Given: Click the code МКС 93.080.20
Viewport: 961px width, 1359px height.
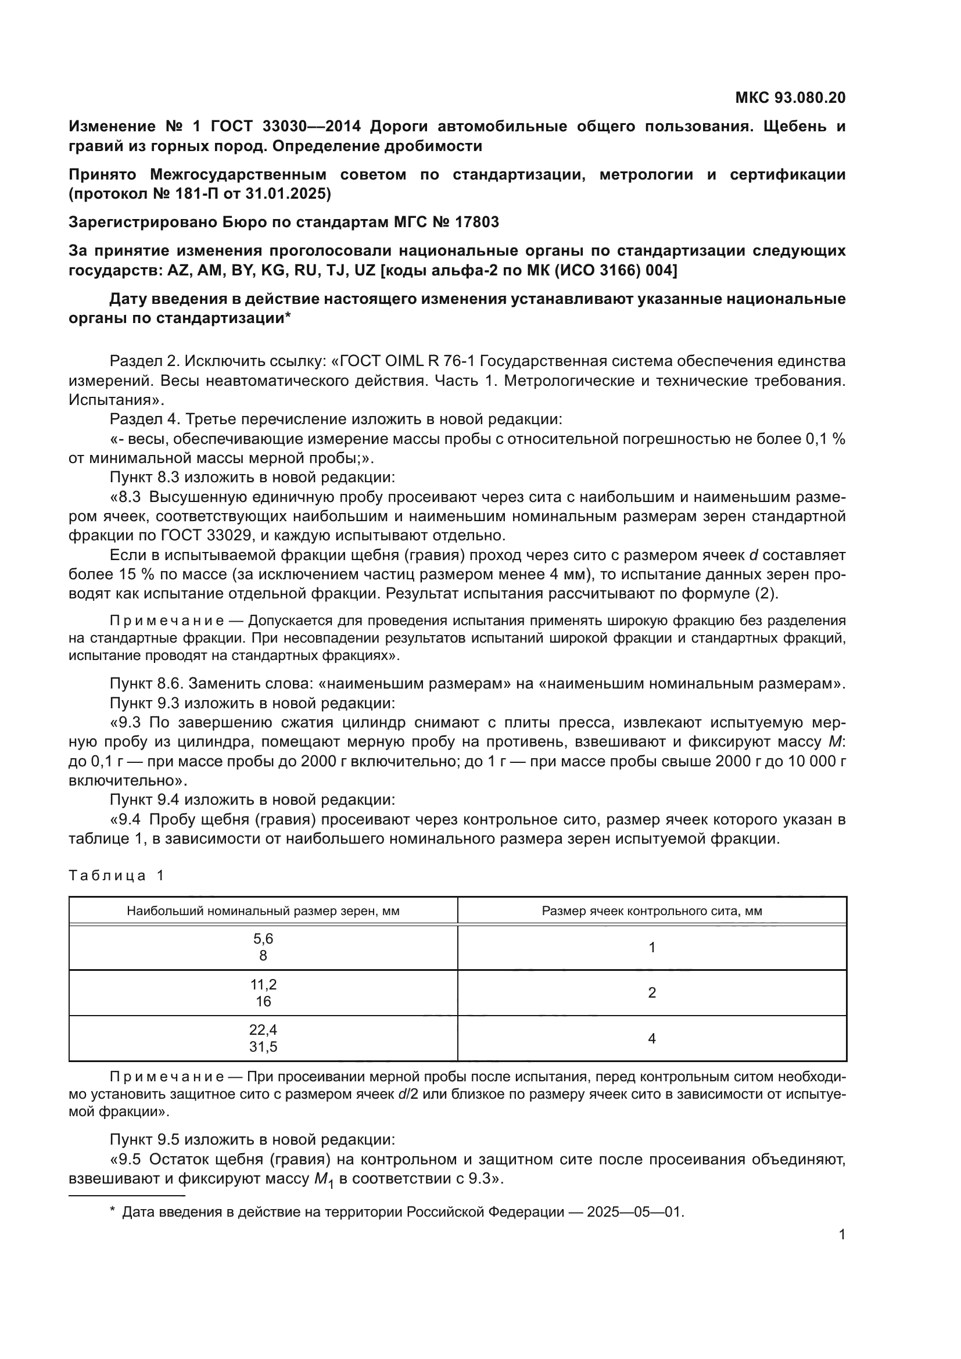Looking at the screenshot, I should click(790, 98).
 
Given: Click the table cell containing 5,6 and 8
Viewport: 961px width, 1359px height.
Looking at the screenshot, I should click(263, 947).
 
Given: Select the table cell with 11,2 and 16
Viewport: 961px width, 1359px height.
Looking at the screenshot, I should click(263, 992).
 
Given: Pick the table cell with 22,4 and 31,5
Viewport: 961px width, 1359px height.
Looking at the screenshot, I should click(263, 1038).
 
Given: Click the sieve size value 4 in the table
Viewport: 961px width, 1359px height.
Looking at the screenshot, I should click(651, 1038).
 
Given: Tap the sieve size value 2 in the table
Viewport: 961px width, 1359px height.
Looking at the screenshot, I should click(651, 992).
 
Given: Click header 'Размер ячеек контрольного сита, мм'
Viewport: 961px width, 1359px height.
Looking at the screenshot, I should click(651, 911).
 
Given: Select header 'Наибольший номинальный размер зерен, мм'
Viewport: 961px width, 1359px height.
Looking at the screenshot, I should click(263, 911).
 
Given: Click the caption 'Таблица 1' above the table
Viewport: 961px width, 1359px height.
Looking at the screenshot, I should click(116, 876).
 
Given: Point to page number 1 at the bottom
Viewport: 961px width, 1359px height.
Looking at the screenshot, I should click(842, 1235).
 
